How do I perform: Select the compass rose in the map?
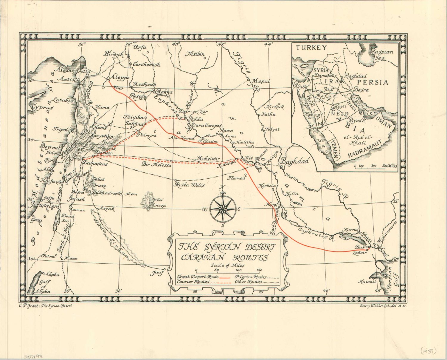(223, 208)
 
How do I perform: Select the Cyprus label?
(42, 107)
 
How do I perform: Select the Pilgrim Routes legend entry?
(250, 277)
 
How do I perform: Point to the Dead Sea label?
(65, 218)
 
